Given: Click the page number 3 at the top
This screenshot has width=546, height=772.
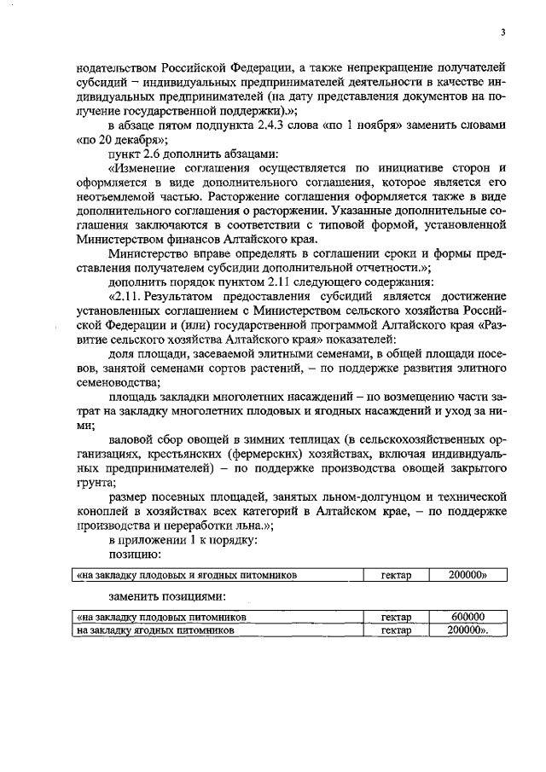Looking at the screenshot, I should tap(503, 32).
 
